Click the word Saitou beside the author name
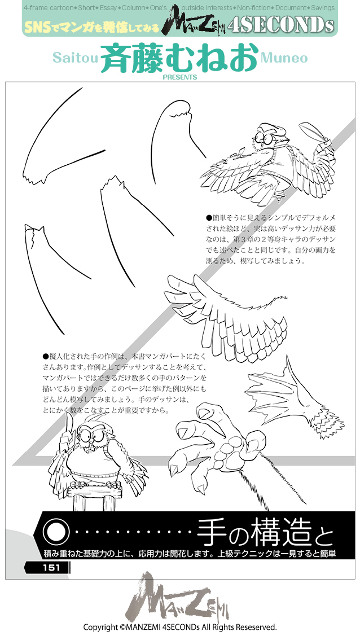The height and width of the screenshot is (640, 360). click(x=75, y=58)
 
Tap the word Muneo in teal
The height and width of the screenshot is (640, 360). click(x=284, y=58)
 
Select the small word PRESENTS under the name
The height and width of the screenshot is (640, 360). click(x=179, y=77)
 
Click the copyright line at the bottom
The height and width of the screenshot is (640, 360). click(x=179, y=627)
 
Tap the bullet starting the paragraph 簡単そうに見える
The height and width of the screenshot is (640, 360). click(x=209, y=217)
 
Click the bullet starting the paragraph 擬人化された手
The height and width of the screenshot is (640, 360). click(x=46, y=357)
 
